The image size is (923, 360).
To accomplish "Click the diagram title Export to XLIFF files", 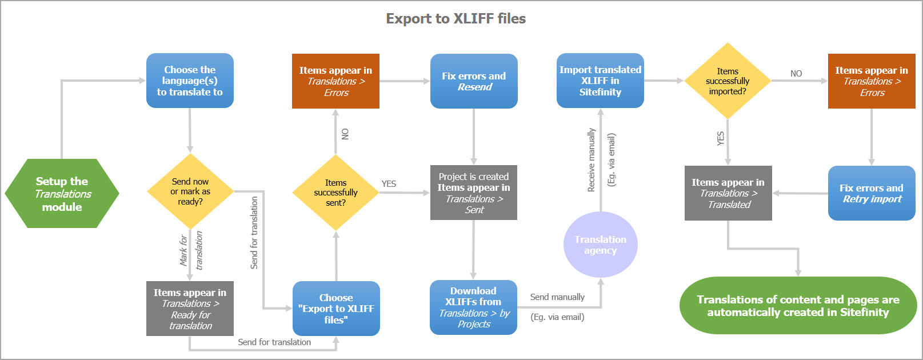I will click(455, 19).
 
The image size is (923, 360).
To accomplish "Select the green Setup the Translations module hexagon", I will click(62, 194).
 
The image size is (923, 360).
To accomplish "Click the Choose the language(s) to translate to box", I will click(190, 81).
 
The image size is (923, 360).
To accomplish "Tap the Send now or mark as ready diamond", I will click(190, 191).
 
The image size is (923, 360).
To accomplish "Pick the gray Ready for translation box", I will click(190, 309).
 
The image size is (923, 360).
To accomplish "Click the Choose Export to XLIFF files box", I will click(336, 309).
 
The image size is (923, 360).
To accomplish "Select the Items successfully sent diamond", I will click(335, 193).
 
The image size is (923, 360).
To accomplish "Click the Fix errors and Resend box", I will click(474, 81).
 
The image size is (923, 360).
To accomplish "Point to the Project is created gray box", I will click(474, 193).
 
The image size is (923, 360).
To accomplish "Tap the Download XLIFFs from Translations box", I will click(473, 307).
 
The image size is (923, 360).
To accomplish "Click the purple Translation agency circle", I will click(600, 245).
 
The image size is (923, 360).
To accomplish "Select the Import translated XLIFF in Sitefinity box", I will click(600, 81).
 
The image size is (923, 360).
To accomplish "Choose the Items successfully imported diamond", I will click(727, 81).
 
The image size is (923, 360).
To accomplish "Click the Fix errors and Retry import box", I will click(872, 193).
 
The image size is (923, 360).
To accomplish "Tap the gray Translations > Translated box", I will click(728, 193).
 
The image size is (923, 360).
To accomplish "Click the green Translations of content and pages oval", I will click(798, 306).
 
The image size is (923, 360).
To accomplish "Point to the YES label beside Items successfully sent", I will click(389, 184).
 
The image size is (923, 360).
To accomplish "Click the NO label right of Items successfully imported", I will click(796, 74).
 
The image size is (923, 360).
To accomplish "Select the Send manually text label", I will click(557, 297).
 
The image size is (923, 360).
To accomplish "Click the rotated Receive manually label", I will click(592, 160).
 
